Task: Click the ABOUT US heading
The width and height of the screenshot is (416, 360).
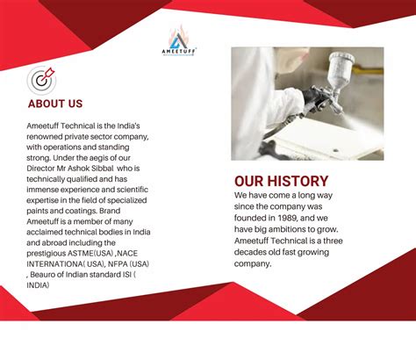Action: coord(55,104)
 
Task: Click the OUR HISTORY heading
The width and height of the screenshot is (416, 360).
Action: coord(281,181)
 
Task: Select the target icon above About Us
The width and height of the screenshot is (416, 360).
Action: coord(40,79)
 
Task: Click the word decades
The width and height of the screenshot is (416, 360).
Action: coord(255,251)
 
